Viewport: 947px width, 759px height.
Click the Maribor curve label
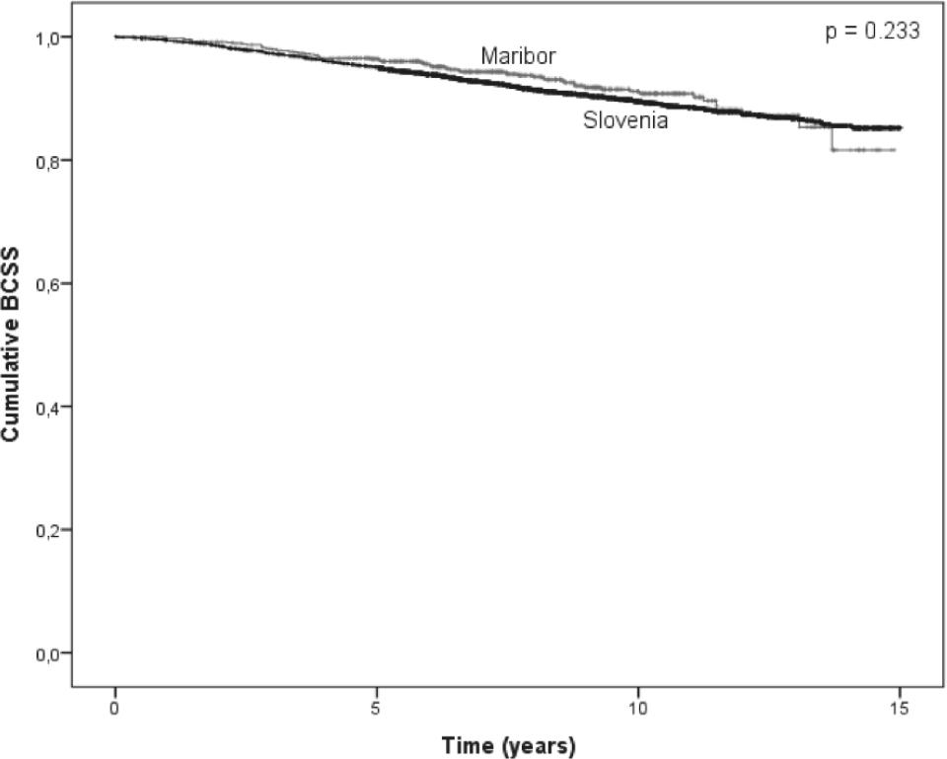click(x=518, y=56)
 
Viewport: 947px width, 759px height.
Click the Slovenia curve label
click(x=626, y=121)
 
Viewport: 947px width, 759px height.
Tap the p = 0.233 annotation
click(x=872, y=32)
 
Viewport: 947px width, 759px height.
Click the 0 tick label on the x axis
click(x=115, y=709)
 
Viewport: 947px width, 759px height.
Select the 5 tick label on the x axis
click(x=377, y=709)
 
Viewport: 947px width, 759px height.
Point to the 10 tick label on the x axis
click(x=637, y=709)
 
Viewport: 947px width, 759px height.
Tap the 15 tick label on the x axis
click(x=899, y=709)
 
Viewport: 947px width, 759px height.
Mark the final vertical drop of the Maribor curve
click(x=832, y=138)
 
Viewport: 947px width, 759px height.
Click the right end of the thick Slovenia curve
click(x=900, y=127)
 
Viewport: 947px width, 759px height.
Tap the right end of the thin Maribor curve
click(x=894, y=150)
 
